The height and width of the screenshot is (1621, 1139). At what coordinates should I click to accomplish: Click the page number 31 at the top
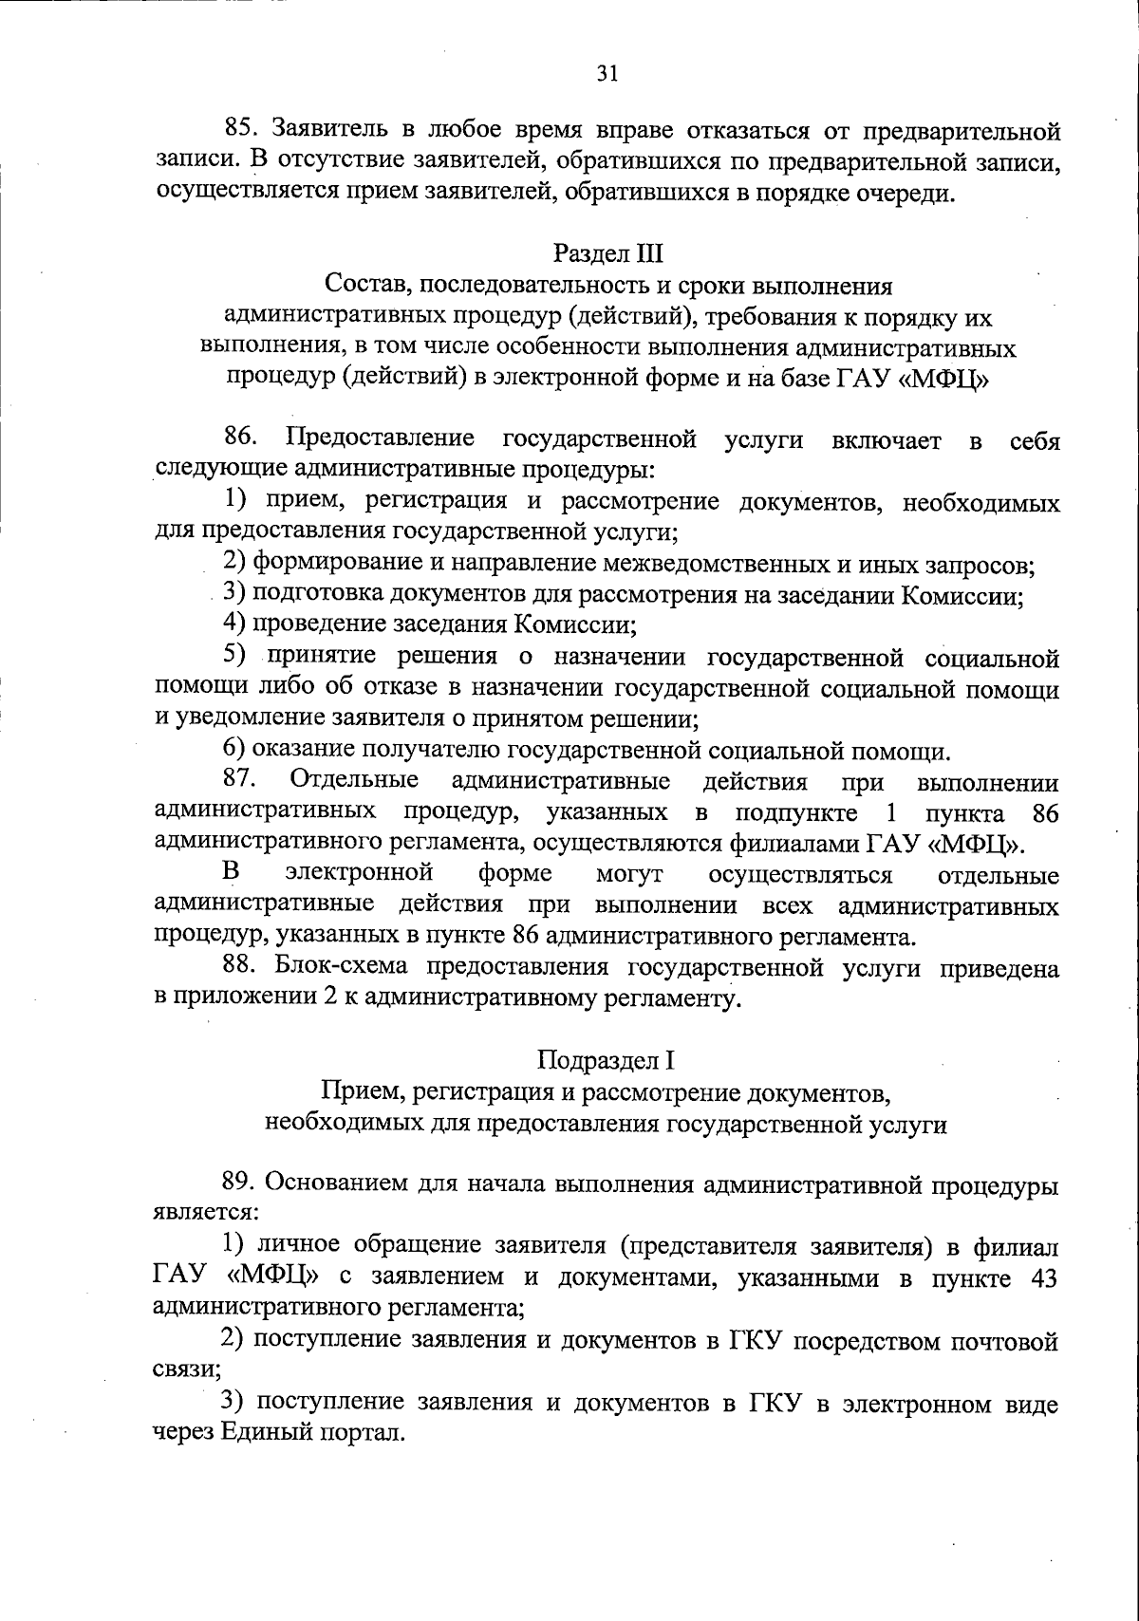pos(608,74)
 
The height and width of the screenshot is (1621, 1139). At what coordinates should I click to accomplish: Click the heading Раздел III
pos(608,253)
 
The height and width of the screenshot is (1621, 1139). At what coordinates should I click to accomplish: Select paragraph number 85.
pos(241,128)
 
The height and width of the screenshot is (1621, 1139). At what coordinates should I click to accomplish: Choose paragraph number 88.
pos(241,967)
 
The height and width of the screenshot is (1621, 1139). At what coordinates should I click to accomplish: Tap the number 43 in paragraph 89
pos(1042,1277)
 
